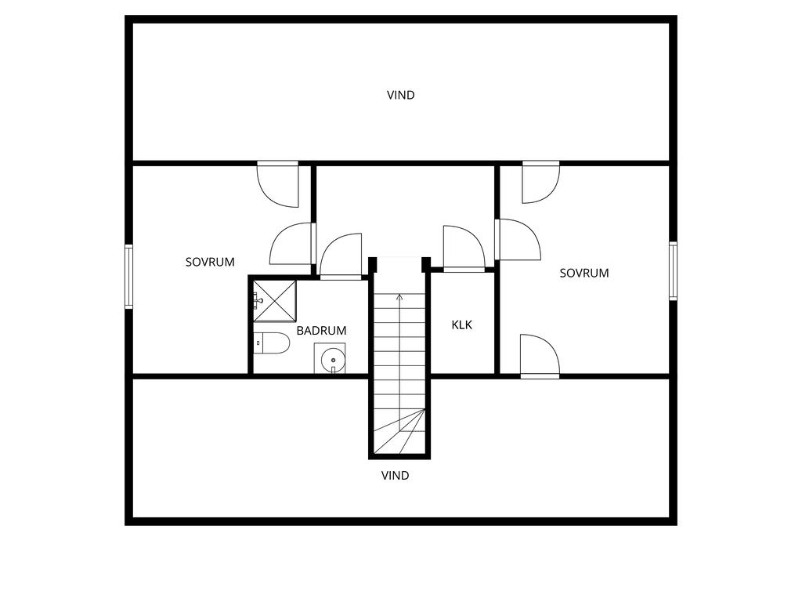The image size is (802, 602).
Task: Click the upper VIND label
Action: click(400, 95)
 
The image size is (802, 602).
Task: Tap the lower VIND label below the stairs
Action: click(396, 476)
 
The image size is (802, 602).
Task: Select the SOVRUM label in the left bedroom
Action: click(210, 262)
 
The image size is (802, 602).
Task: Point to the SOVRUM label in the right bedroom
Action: click(584, 274)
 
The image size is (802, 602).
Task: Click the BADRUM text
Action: click(321, 331)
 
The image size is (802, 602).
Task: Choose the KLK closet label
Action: click(462, 325)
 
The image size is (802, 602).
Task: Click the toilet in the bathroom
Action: click(272, 343)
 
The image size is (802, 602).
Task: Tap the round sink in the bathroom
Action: click(332, 359)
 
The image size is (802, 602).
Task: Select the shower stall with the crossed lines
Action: click(275, 301)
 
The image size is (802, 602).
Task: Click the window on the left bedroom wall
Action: click(129, 277)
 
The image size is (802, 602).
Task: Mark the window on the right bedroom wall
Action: click(673, 270)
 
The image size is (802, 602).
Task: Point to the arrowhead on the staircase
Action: click(399, 296)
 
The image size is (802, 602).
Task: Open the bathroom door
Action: click(341, 256)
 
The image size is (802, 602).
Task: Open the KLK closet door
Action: click(464, 248)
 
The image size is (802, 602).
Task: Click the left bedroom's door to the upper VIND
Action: click(278, 184)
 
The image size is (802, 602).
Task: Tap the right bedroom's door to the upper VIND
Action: click(540, 182)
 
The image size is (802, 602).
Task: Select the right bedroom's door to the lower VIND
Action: click(540, 357)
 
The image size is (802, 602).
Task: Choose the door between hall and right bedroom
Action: click(518, 240)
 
